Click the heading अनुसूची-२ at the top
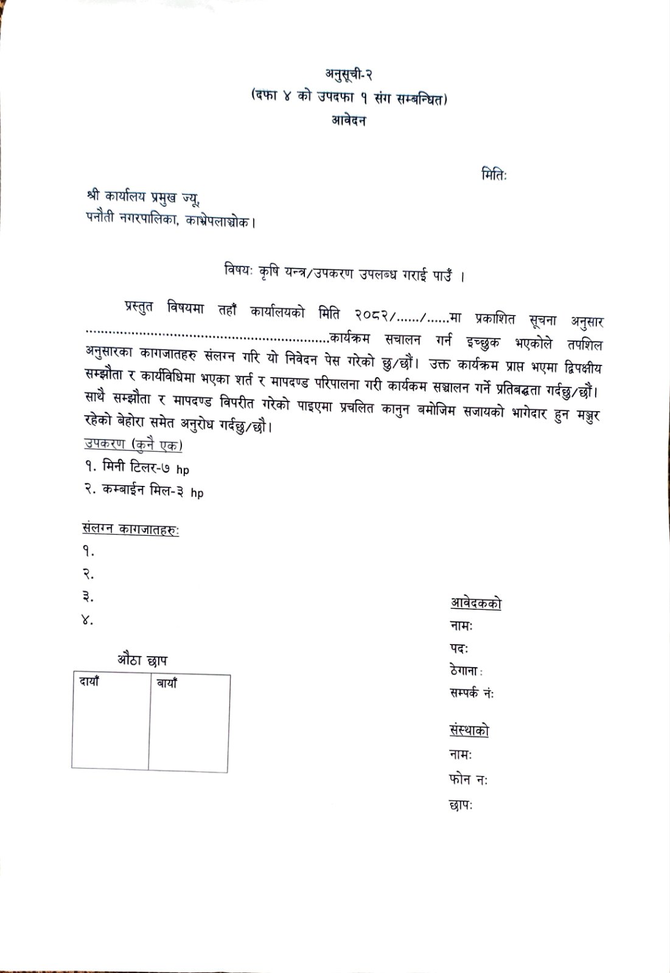(347, 75)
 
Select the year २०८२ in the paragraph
(373, 317)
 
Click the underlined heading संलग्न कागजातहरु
(131, 529)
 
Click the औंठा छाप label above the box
(144, 660)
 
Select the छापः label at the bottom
(461, 805)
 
